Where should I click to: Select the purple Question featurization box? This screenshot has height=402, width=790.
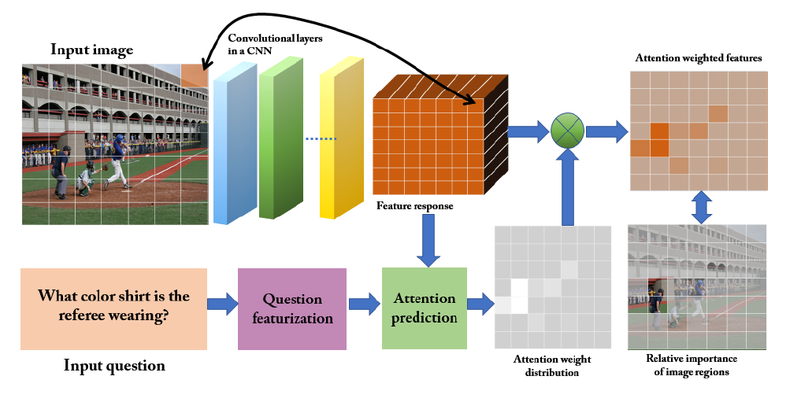coord(292,309)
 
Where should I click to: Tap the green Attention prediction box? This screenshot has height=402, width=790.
coord(425,308)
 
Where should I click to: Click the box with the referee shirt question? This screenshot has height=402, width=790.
coord(114,309)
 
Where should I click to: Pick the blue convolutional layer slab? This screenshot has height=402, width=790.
coord(236,143)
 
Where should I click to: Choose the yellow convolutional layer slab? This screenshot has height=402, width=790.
coord(342,138)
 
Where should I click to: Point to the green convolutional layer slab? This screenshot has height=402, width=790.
coord(281,138)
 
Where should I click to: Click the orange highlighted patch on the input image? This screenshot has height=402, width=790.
coord(195,76)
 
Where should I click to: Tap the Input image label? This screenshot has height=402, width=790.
coord(91,50)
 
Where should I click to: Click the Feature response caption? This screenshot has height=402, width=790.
coord(414,206)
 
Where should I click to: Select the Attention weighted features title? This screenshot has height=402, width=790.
coord(699,58)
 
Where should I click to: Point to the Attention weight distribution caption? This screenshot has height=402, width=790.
coord(552,366)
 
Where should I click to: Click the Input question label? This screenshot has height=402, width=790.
coord(114,365)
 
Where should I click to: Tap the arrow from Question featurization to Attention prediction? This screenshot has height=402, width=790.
coord(364,304)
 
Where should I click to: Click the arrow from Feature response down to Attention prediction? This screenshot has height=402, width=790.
coord(428,240)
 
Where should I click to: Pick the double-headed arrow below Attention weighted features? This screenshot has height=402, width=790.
coord(702,207)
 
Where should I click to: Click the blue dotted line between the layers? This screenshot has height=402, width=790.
coord(321,139)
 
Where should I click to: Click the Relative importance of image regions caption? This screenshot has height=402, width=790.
coord(692,365)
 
